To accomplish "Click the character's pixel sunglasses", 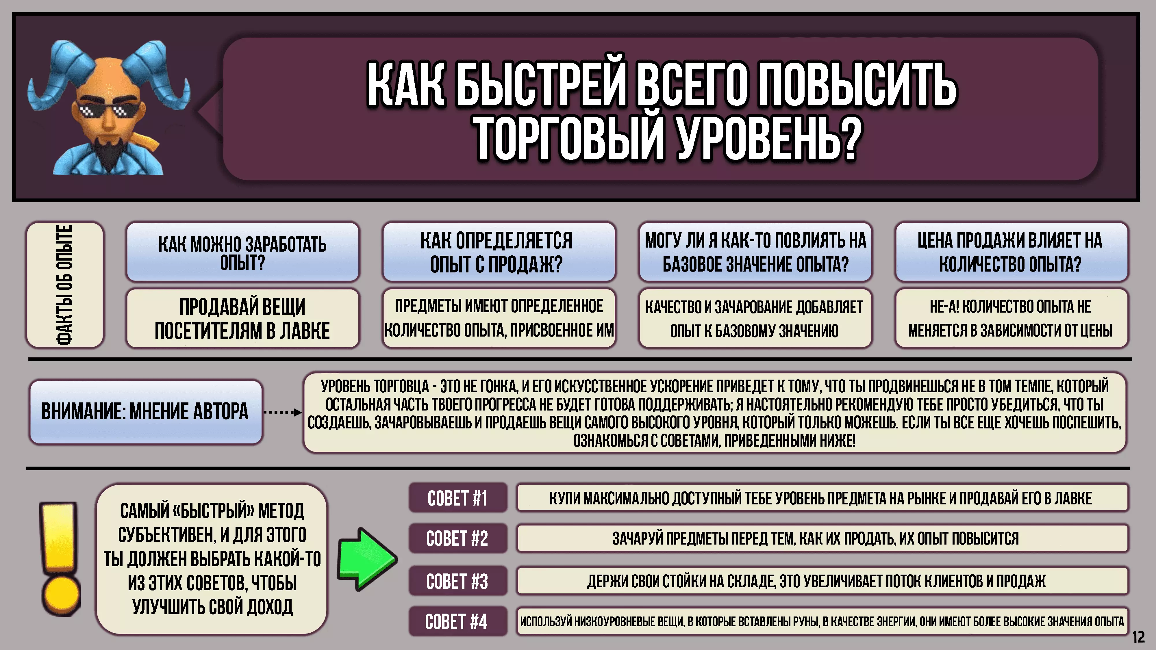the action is (x=103, y=111).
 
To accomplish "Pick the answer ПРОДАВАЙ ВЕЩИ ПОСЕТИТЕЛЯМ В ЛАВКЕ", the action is (x=243, y=318).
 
